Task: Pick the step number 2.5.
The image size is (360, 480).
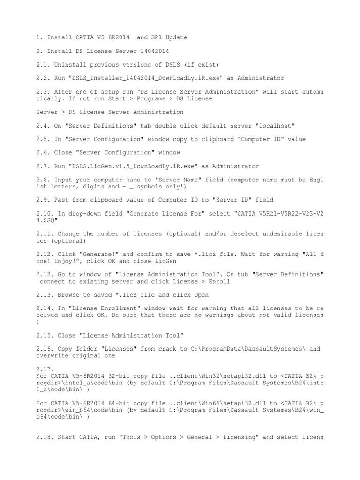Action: click(x=43, y=139)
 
